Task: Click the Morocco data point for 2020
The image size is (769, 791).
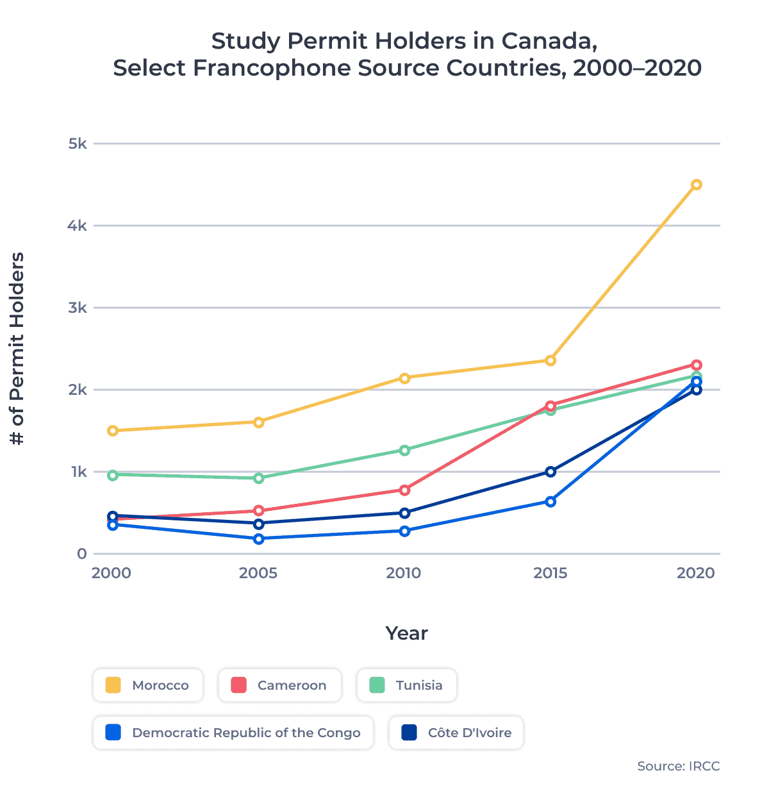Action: (x=696, y=185)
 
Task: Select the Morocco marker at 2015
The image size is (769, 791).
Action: (x=550, y=360)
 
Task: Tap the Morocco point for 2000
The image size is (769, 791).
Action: (x=113, y=431)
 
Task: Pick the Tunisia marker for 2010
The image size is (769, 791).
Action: (x=404, y=450)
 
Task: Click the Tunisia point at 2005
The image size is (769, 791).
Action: (x=259, y=478)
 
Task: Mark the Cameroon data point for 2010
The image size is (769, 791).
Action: (x=404, y=490)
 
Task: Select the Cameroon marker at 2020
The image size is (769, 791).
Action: (x=696, y=365)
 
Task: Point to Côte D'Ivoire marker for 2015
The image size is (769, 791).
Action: (x=550, y=472)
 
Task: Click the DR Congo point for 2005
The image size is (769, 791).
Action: (x=259, y=539)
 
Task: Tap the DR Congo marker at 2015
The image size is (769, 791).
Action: (x=550, y=501)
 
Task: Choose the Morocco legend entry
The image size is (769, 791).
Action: (x=148, y=685)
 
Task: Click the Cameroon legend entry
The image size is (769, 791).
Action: (x=280, y=685)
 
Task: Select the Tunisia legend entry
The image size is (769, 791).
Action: (x=407, y=685)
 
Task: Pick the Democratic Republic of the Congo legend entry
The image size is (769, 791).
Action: (x=233, y=733)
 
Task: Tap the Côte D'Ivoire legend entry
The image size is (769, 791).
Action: (x=456, y=733)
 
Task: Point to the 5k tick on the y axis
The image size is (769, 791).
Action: (x=78, y=144)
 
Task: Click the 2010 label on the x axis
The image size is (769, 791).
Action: (x=404, y=573)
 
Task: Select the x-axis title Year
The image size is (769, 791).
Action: (x=406, y=633)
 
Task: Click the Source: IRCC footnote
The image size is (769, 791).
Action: (x=678, y=767)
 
